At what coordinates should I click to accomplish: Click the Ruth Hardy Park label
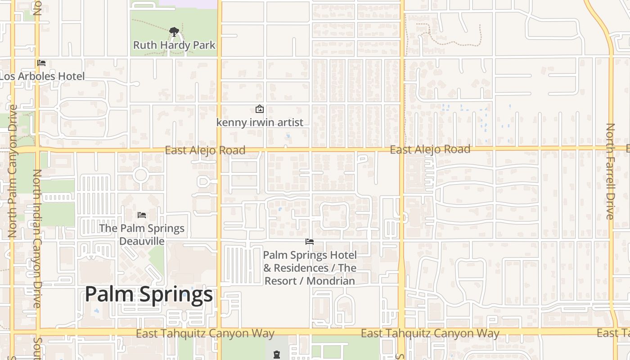click(x=174, y=45)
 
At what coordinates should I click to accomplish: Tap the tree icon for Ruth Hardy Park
click(x=174, y=32)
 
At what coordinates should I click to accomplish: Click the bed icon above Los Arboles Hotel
click(x=41, y=63)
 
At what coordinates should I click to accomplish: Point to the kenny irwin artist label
click(x=260, y=122)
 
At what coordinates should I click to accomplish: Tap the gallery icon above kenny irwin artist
click(x=260, y=109)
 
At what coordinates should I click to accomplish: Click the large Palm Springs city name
click(x=148, y=294)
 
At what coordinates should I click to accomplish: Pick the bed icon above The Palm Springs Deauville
click(x=142, y=215)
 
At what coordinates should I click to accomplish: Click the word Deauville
click(x=142, y=241)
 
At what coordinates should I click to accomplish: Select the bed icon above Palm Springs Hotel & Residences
click(x=310, y=242)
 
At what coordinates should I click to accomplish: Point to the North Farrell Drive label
click(x=610, y=171)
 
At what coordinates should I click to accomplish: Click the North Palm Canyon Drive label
click(x=13, y=171)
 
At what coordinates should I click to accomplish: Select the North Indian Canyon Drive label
click(x=37, y=238)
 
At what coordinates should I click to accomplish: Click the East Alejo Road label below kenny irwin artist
click(x=205, y=150)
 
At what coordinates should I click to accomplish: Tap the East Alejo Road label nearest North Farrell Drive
click(x=430, y=149)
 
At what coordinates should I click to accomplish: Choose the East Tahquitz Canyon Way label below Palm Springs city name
click(x=205, y=334)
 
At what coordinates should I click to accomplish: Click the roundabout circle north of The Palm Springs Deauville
click(x=141, y=175)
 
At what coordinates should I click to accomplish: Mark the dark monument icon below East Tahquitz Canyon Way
click(x=277, y=355)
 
